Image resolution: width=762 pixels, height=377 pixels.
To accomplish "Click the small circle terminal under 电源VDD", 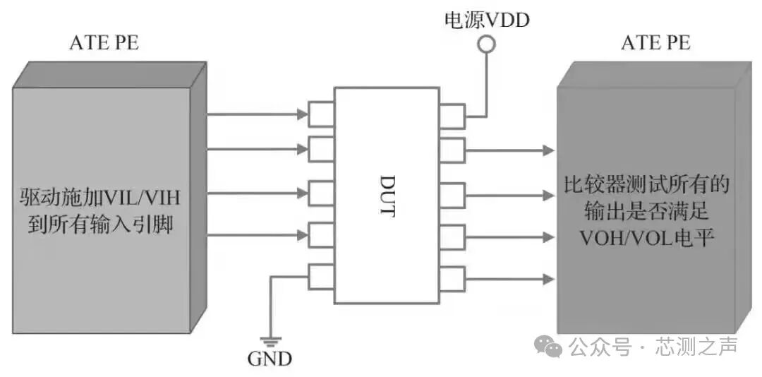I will pyautogui.click(x=486, y=45).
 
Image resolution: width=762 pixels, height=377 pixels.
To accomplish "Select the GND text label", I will pyautogui.click(x=270, y=359).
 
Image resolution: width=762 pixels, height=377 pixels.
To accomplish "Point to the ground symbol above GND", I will pyautogui.click(x=270, y=340).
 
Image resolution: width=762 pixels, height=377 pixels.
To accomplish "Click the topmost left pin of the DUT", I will pyautogui.click(x=321, y=114).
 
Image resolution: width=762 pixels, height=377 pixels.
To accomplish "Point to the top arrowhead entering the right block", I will pyautogui.click(x=548, y=149).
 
